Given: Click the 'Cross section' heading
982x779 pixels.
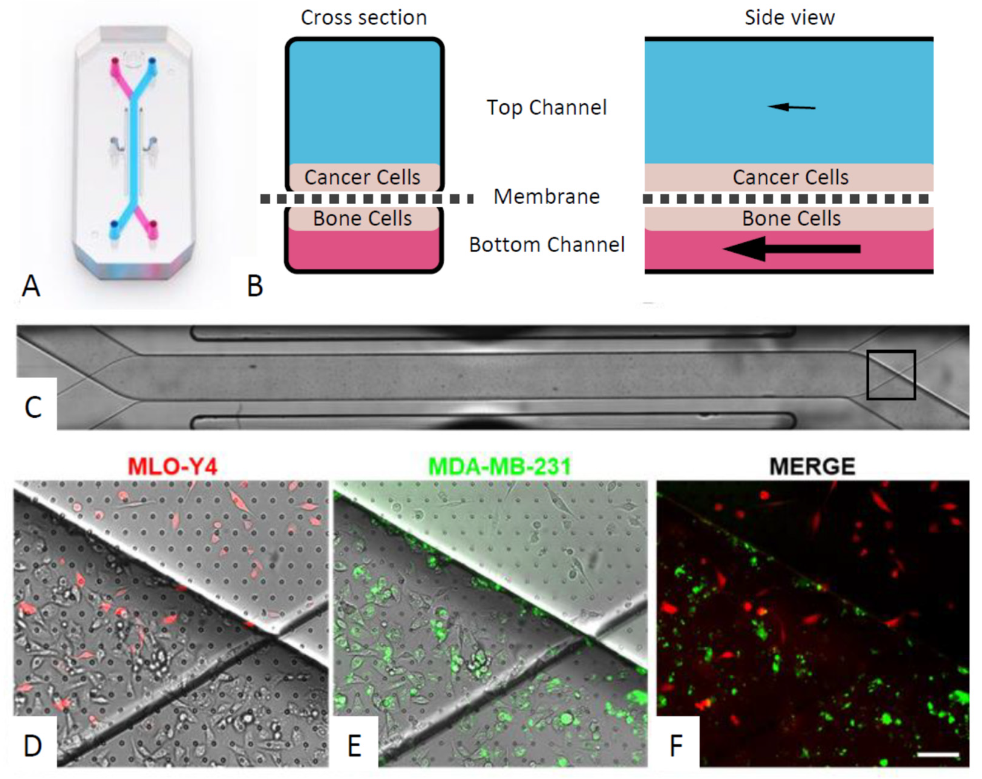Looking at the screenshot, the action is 363,18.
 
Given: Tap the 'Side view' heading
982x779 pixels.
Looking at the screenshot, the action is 789,18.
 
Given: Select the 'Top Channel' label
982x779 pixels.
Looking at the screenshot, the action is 546,107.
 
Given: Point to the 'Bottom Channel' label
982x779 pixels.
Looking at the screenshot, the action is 546,245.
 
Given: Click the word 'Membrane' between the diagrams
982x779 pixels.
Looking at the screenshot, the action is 546,197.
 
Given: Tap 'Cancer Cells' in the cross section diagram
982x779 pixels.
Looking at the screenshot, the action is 362,177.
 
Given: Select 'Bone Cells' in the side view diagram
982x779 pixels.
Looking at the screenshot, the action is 791,218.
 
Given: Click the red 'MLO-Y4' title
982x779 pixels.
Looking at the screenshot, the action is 173,466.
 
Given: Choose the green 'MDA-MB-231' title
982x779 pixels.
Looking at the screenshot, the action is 500,466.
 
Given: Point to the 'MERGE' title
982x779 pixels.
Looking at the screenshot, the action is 812,466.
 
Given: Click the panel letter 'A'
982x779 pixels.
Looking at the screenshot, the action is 31,286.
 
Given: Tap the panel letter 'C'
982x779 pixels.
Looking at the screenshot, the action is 33,407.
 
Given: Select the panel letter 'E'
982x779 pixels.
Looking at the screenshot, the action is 354,746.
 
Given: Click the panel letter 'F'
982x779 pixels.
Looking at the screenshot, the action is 676,746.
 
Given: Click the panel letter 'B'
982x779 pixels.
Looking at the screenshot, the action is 255,286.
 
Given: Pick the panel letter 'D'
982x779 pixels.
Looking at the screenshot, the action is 33,746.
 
